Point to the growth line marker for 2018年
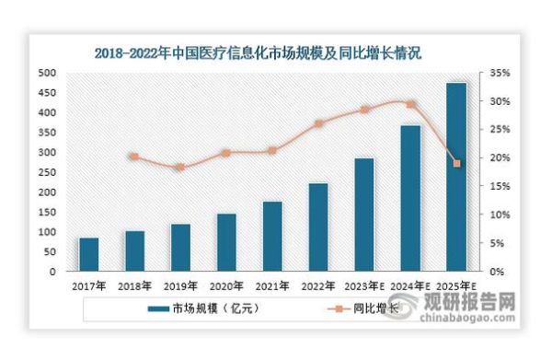coord(134,157)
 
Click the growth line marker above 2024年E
coord(410,104)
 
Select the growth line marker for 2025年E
coord(456,164)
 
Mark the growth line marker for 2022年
coord(318,123)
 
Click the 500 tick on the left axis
coord(46,73)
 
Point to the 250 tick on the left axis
coord(46,172)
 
